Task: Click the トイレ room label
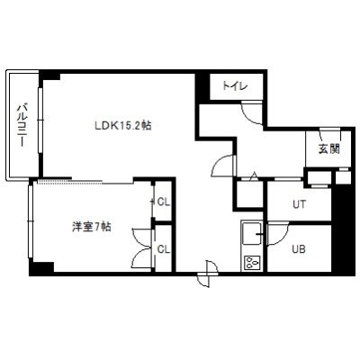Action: tap(235, 86)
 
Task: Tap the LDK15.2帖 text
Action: tap(123, 125)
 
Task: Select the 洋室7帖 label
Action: tap(92, 227)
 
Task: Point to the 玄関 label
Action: tap(329, 148)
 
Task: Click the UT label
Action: tap(299, 204)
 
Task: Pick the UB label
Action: tap(299, 249)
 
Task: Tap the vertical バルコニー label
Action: tap(22, 125)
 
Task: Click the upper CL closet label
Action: tap(164, 202)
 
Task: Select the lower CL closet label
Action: tap(164, 249)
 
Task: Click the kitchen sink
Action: tap(251, 233)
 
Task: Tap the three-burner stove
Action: tap(251, 263)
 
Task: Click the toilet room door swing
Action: tap(252, 113)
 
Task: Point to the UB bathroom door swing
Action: tap(277, 234)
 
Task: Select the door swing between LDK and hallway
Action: tap(223, 166)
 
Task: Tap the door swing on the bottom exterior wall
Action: tap(208, 274)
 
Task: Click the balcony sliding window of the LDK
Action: tap(40, 120)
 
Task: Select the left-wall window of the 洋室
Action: tap(31, 221)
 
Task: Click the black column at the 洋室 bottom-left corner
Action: tap(41, 269)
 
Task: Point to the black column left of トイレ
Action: tap(202, 88)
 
